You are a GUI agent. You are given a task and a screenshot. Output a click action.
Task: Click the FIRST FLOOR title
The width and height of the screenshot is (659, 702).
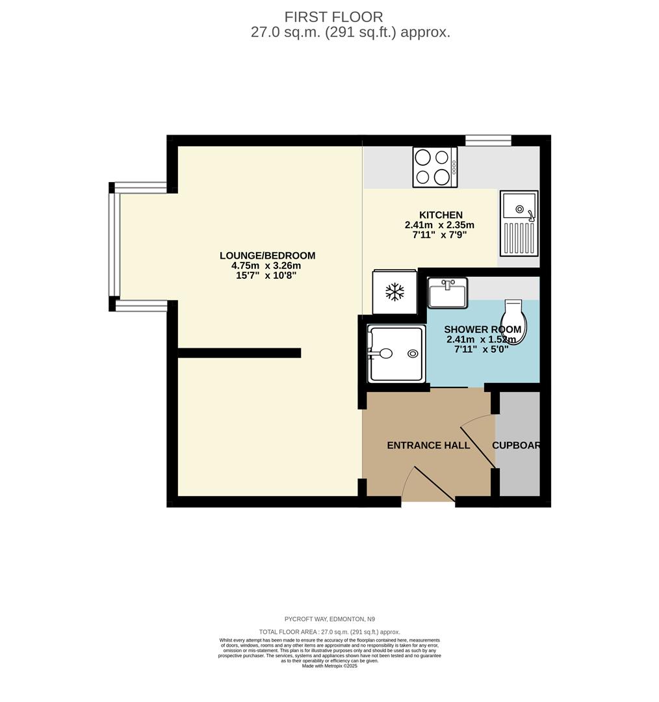[x=333, y=18]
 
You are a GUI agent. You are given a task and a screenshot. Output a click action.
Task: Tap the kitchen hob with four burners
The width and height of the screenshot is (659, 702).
[x=435, y=167]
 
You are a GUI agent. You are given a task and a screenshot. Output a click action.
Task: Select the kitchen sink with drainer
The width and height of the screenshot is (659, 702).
[x=519, y=222]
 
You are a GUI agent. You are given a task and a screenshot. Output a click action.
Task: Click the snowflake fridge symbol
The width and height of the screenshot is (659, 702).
[x=394, y=292]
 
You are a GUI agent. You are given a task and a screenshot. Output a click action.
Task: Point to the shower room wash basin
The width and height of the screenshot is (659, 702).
[x=447, y=293]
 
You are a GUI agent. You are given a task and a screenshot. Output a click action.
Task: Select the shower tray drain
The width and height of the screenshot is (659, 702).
[x=413, y=354]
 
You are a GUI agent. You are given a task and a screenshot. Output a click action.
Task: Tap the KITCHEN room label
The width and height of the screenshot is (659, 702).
[x=441, y=215]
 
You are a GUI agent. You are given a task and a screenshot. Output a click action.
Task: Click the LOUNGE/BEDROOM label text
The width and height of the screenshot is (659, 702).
[x=267, y=255]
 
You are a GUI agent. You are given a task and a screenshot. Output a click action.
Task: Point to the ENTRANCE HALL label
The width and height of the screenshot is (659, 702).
[x=428, y=445]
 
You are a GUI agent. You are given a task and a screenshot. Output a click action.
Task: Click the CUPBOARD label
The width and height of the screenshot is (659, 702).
[x=517, y=445]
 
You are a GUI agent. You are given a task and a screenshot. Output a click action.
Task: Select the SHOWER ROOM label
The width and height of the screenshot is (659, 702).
[x=482, y=330]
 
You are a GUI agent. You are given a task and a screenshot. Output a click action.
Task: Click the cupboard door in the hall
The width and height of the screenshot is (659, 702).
[x=478, y=446]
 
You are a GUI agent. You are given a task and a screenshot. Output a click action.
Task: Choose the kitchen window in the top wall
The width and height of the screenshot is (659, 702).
[x=488, y=140]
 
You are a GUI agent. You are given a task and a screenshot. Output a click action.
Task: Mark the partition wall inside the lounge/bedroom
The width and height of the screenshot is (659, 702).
[x=239, y=353]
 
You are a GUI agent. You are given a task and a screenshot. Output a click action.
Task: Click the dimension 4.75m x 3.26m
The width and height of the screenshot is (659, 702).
[x=266, y=265]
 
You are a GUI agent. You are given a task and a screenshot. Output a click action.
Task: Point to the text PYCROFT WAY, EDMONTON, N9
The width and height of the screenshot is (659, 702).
[x=329, y=619]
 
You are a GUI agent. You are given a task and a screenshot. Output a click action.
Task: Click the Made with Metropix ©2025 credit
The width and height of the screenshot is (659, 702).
[x=329, y=666]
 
